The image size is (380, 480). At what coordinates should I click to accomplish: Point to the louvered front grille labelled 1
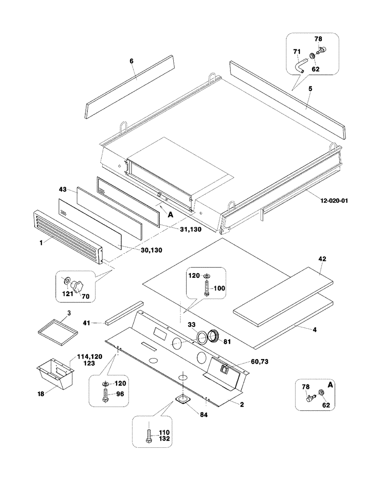tap(67, 237)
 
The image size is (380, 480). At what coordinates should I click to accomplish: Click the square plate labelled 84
tap(182, 399)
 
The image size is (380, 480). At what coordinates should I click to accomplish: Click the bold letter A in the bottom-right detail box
tap(330, 385)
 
